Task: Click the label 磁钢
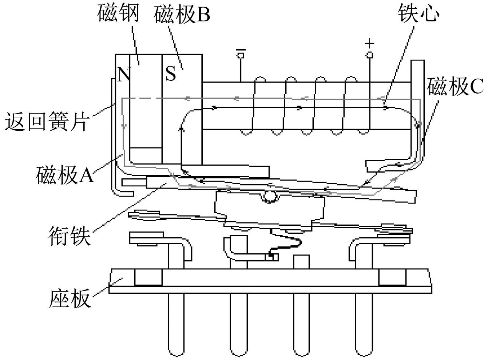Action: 118,13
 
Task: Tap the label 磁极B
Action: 182,15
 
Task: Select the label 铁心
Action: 418,13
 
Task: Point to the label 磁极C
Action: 455,87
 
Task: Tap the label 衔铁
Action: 70,236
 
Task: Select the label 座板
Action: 70,298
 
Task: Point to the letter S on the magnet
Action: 170,74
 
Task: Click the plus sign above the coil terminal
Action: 369,43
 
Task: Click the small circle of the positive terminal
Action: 369,55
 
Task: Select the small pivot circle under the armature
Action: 270,197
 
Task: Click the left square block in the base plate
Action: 148,277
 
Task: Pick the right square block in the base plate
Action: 392,277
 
